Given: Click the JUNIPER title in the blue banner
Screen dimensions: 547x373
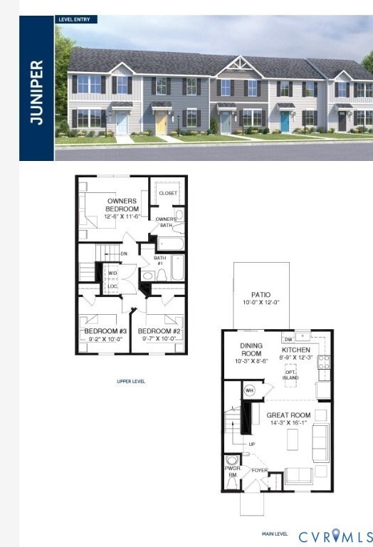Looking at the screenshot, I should pos(37,92).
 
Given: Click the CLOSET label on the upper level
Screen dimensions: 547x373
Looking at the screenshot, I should pos(168,193).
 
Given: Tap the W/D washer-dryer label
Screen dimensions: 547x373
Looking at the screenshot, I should pos(112,272).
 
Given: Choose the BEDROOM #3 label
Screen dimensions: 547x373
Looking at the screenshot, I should pos(105,332).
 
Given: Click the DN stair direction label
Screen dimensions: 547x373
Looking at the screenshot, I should pos(124,253).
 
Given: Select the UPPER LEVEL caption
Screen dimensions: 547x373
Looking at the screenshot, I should pos(131,381).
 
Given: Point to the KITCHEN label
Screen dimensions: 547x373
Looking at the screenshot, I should pos(297,350).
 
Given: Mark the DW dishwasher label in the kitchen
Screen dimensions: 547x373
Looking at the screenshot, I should pos(288,339).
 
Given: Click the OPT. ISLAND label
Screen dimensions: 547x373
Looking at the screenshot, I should pos(290,375).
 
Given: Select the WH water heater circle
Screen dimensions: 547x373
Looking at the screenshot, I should pos(250,390).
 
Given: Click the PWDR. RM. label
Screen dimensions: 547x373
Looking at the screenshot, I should pos(231,471).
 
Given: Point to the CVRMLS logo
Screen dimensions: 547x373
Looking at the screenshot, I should pos(335,536).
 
